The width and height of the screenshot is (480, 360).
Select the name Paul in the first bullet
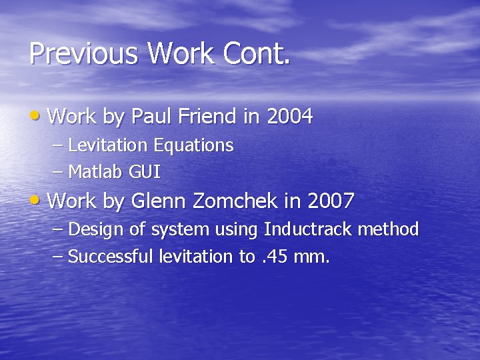[152, 117]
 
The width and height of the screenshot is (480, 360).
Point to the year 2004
[289, 117]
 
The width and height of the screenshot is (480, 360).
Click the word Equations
[194, 146]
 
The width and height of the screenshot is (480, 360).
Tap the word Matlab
[95, 172]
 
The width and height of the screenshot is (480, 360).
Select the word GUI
[144, 172]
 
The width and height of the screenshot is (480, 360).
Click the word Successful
[111, 257]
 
